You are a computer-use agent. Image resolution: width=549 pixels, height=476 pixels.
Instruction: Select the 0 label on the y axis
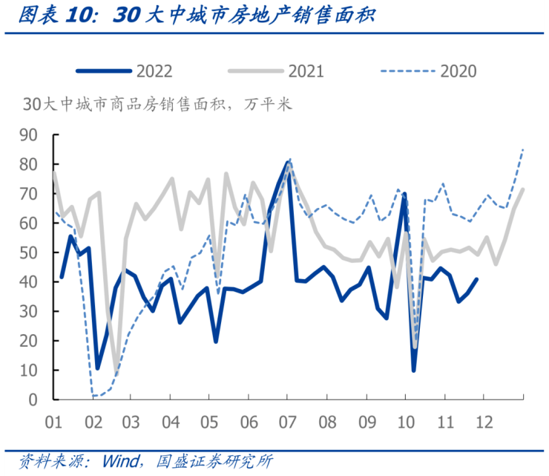33,400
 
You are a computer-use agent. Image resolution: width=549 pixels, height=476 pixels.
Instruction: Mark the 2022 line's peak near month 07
288,162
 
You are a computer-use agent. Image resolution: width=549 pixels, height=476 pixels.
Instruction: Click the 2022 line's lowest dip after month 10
413,370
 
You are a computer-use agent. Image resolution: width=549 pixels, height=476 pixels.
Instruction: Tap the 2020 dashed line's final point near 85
524,149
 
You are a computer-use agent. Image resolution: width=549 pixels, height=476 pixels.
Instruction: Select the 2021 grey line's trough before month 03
116,370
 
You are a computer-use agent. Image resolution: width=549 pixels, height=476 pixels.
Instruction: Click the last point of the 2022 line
476,279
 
